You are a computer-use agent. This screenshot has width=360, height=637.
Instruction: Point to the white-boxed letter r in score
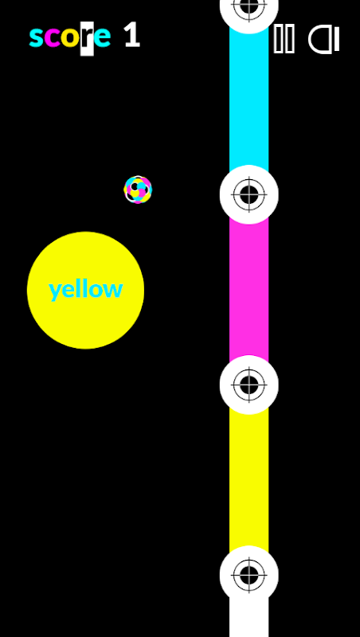[x=87, y=38]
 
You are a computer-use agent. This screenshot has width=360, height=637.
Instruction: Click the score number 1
[x=132, y=35]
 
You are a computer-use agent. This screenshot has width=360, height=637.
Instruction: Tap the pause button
[x=284, y=38]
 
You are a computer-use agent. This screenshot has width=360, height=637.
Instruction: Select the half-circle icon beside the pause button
[x=324, y=39]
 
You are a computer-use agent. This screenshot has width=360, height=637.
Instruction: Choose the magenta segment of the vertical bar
[x=248, y=290]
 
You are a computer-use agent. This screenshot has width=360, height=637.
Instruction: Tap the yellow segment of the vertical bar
[x=248, y=480]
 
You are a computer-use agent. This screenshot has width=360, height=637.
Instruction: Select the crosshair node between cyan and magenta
[x=249, y=194]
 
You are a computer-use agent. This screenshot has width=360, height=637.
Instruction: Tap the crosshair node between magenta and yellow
[x=249, y=385]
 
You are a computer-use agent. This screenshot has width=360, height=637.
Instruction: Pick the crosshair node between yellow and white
[x=249, y=575]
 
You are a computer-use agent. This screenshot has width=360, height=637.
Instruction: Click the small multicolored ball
[x=138, y=190]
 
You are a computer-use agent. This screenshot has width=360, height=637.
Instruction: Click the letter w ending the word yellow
[x=114, y=290]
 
